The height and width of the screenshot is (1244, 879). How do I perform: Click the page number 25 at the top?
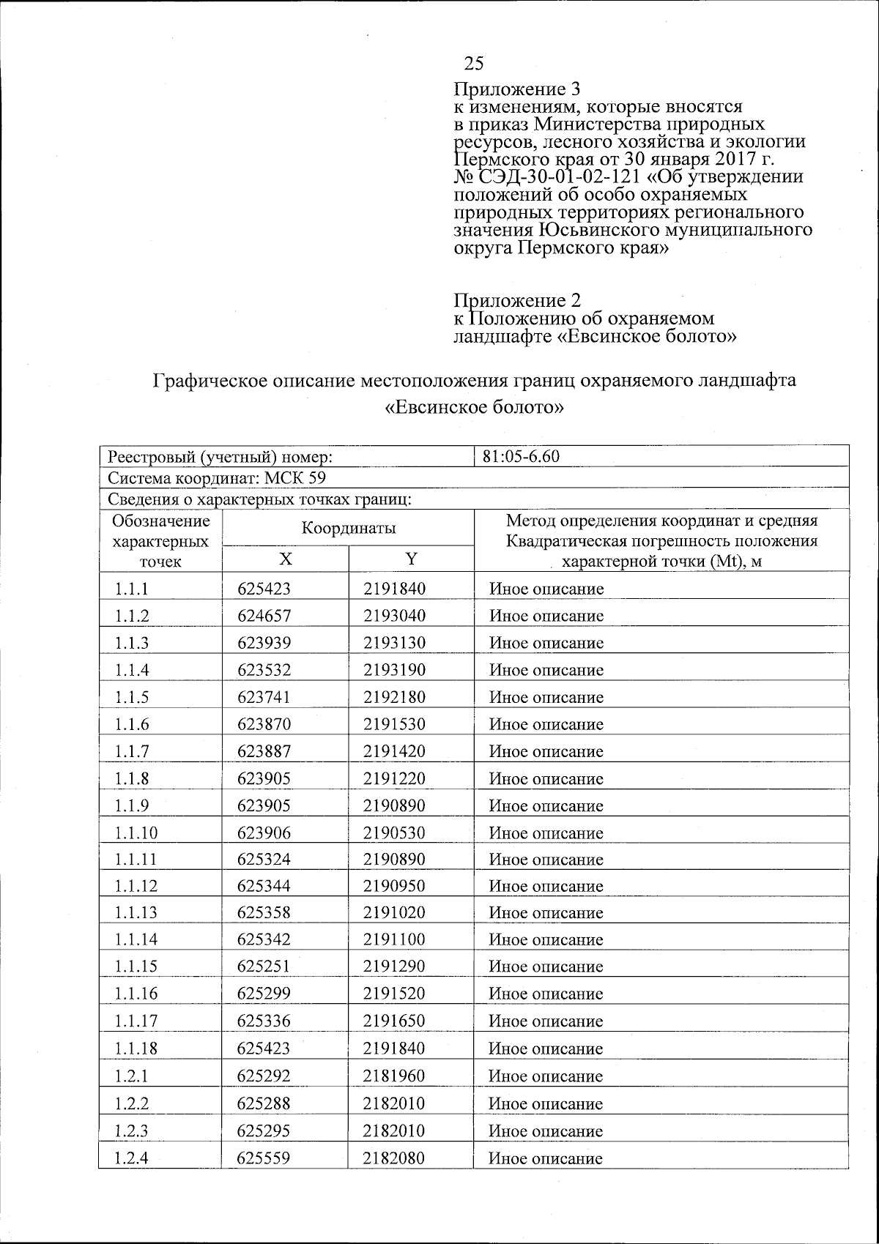pyautogui.click(x=473, y=64)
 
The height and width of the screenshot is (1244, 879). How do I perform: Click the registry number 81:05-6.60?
pyautogui.click(x=521, y=457)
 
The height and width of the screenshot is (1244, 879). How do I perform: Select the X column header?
pyautogui.click(x=285, y=559)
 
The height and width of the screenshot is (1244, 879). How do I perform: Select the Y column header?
pyautogui.click(x=412, y=559)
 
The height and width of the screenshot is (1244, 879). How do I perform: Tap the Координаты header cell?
pyautogui.click(x=349, y=528)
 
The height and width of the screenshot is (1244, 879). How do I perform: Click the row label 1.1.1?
pyautogui.click(x=131, y=589)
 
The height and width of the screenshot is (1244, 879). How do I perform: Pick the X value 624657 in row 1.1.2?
pyautogui.click(x=264, y=616)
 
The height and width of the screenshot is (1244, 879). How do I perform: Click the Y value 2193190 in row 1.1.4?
pyautogui.click(x=394, y=670)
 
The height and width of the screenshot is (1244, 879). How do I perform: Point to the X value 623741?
pyautogui.click(x=264, y=697)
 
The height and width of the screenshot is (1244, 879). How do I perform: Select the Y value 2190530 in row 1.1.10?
pyautogui.click(x=394, y=833)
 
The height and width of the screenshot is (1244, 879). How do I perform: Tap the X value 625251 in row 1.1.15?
pyautogui.click(x=264, y=966)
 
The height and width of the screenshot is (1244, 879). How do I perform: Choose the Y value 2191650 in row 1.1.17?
pyautogui.click(x=394, y=1021)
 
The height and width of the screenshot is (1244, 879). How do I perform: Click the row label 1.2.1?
pyautogui.click(x=131, y=1076)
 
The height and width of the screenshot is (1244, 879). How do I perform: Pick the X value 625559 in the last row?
pyautogui.click(x=264, y=1158)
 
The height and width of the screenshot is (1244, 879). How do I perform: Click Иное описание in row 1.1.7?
pyautogui.click(x=546, y=751)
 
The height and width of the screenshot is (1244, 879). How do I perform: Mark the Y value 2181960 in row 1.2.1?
pyautogui.click(x=394, y=1076)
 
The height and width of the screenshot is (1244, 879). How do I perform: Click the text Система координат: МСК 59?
pyautogui.click(x=217, y=478)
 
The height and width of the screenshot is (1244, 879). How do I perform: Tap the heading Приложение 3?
pyautogui.click(x=517, y=89)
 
